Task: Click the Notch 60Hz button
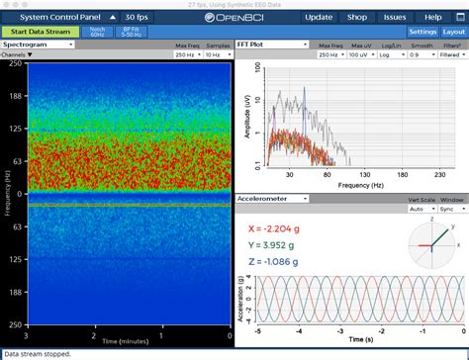coord(97,32)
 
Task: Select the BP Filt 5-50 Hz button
coord(131,32)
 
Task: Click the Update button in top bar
coord(319,18)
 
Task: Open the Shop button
coord(357,18)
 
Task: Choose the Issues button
coord(394,18)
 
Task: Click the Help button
coord(432,18)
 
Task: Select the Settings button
coord(422,32)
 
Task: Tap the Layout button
coord(454,32)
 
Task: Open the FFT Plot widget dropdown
coord(271,45)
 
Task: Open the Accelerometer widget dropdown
coord(273,199)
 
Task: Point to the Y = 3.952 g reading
coord(279,244)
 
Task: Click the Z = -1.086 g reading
coord(281,263)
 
